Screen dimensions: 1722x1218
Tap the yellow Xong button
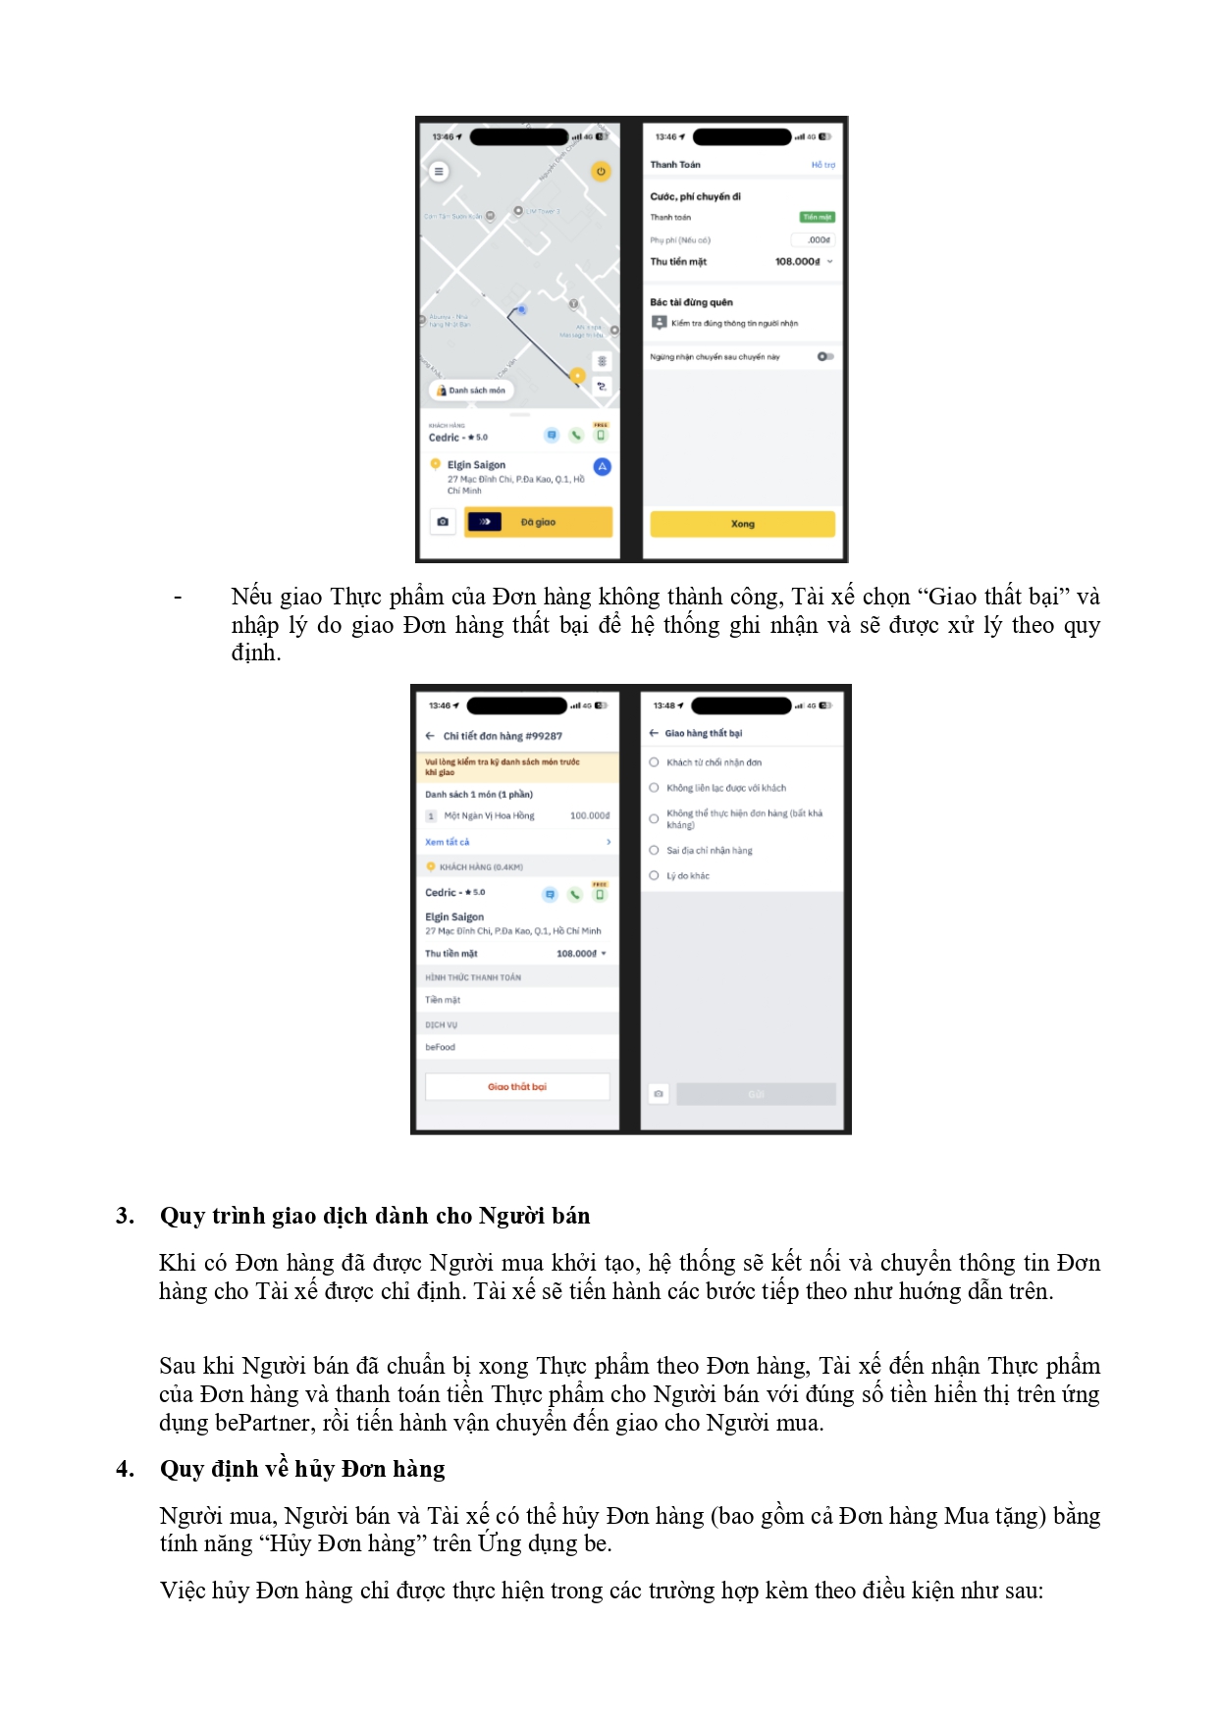pos(742,524)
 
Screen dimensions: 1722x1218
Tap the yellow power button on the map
pos(601,172)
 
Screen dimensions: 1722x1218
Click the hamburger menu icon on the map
pos(439,172)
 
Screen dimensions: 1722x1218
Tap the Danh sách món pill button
pos(471,391)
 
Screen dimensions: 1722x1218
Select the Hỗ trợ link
pos(822,165)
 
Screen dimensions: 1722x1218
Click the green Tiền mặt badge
pos(817,217)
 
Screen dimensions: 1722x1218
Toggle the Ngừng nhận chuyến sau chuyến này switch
pos(825,356)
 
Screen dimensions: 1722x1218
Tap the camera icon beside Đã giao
pos(443,522)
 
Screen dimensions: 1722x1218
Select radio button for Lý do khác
pos(654,875)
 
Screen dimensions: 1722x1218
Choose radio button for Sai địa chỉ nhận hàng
pos(654,850)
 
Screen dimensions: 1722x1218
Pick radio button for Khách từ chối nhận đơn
pos(654,762)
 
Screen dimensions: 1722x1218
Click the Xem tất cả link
pos(448,842)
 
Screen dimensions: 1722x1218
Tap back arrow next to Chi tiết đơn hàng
pos(430,736)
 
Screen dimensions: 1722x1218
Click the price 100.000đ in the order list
pos(589,815)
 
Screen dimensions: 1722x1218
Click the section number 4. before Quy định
pos(125,1469)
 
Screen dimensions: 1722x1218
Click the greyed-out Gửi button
pos(756,1094)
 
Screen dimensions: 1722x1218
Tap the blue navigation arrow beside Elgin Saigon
pos(602,467)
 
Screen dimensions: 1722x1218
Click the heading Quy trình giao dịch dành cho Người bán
pos(375,1216)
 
